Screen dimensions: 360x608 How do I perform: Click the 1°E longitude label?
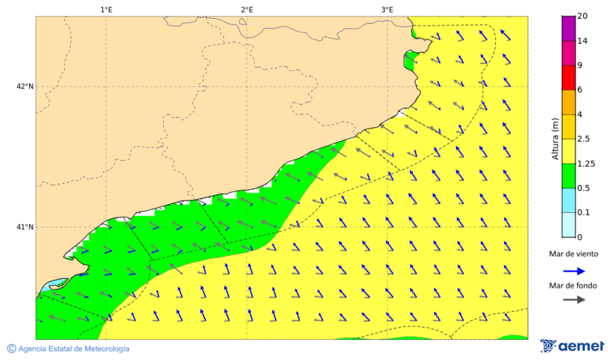[106, 9]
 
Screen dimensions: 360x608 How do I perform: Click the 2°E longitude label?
[247, 9]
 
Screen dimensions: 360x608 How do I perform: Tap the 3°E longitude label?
[387, 9]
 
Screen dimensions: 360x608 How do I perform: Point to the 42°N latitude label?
[25, 86]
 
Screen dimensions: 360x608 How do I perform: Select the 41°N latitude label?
[25, 227]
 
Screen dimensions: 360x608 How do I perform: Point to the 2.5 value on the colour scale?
[584, 139]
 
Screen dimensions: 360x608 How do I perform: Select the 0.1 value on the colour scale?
[584, 213]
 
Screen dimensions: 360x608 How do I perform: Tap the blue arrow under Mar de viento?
[574, 270]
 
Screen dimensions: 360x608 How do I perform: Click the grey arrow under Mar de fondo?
[574, 300]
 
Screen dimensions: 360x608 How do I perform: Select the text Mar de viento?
[574, 254]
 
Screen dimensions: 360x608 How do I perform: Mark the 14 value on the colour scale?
[582, 41]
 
